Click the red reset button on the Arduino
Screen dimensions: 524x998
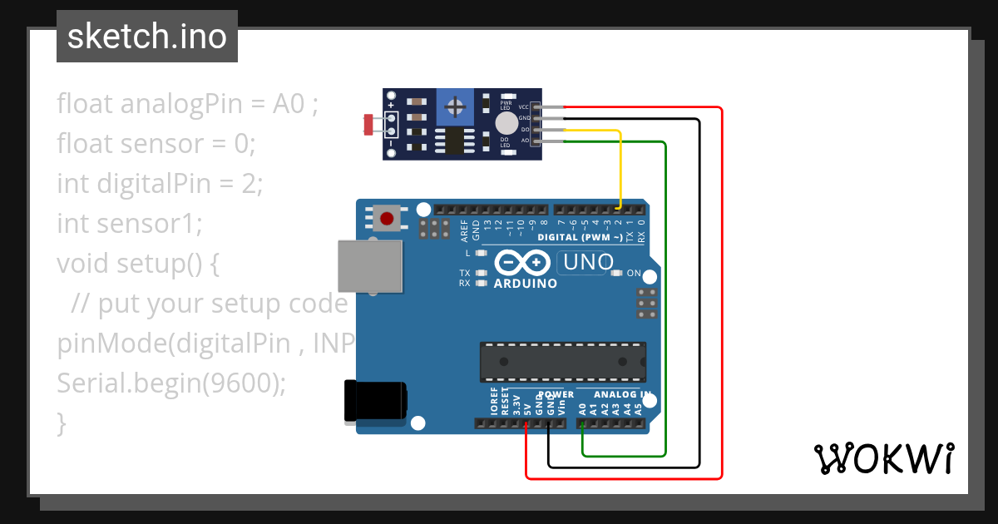pos(387,220)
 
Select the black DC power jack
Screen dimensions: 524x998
pos(375,400)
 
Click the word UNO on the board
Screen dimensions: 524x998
pos(588,263)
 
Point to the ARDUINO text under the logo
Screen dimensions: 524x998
pos(525,283)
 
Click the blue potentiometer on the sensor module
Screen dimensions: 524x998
pos(454,106)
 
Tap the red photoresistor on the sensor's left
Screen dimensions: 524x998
pos(368,125)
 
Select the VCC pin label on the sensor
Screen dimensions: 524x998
pos(524,107)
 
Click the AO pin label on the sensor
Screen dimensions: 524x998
pos(525,140)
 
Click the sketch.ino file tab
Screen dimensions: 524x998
pos(147,37)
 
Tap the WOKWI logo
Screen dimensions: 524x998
pos(883,458)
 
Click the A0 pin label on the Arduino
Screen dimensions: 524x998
pos(582,408)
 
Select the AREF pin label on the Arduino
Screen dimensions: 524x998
pos(465,227)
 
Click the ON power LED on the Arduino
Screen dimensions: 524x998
pos(616,273)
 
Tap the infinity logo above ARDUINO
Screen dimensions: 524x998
pos(521,263)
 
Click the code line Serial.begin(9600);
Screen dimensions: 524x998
pos(170,383)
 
